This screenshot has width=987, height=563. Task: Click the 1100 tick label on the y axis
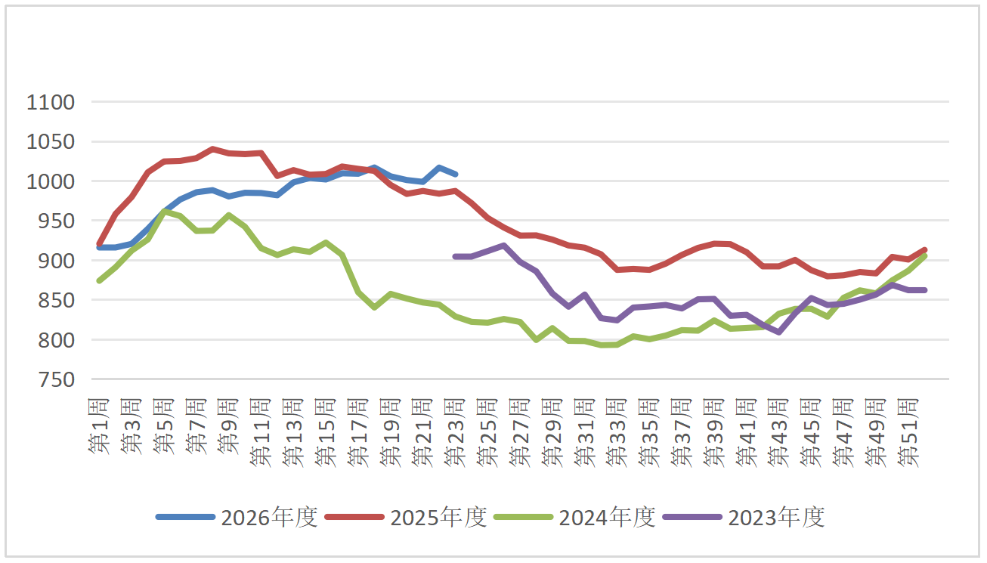click(51, 103)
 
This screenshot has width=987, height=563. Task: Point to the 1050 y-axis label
click(51, 142)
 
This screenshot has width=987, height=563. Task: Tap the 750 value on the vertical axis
click(57, 379)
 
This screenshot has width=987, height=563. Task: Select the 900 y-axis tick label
click(57, 261)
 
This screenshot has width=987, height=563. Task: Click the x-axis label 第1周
click(99, 425)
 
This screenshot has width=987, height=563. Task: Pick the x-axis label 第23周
click(455, 432)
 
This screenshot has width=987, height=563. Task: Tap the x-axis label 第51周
click(908, 432)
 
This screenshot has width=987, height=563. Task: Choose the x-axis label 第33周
click(617, 432)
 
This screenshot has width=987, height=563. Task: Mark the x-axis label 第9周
click(229, 425)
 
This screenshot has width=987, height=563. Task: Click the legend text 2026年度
click(269, 517)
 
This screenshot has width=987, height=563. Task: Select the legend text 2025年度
click(438, 517)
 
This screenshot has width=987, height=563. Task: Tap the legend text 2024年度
click(607, 517)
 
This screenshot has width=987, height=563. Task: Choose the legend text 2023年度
click(776, 517)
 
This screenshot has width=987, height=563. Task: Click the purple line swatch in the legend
click(693, 517)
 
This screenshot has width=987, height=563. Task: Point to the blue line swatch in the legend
click(185, 517)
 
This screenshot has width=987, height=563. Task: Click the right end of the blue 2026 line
click(456, 175)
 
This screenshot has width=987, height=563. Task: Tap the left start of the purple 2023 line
click(455, 256)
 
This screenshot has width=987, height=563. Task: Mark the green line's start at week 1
click(99, 280)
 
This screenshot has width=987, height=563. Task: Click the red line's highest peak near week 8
click(212, 149)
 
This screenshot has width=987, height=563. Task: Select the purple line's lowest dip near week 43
click(779, 333)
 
